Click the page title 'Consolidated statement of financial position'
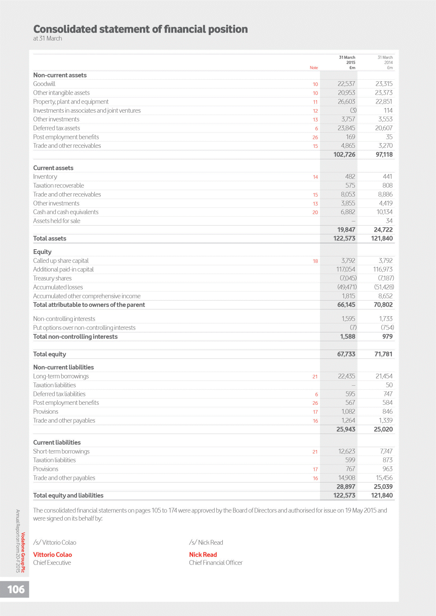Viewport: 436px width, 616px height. pyautogui.click(x=140, y=29)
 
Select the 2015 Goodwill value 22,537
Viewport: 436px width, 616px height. pyautogui.click(x=346, y=84)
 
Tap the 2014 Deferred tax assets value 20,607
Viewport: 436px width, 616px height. pyautogui.click(x=384, y=128)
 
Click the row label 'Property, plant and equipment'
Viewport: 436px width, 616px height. pyautogui.click(x=71, y=102)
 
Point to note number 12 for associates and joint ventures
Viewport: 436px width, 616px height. pyautogui.click(x=315, y=111)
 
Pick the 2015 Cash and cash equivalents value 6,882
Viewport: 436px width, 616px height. pyautogui.click(x=348, y=212)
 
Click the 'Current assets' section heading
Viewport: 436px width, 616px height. pyautogui.click(x=53, y=168)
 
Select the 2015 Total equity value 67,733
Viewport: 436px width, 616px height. pyautogui.click(x=346, y=354)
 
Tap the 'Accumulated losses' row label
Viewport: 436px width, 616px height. pyautogui.click(x=58, y=287)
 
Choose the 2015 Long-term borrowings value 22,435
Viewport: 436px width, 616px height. pyautogui.click(x=346, y=376)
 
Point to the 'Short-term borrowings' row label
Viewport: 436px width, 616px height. pyautogui.click(x=61, y=451)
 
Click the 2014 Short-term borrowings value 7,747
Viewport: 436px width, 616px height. pyautogui.click(x=386, y=451)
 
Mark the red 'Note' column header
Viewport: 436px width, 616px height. pyautogui.click(x=314, y=68)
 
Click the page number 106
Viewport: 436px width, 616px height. pyautogui.click(x=16, y=589)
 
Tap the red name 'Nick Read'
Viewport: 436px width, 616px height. pyautogui.click(x=203, y=555)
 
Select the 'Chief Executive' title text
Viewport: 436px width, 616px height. pyautogui.click(x=52, y=563)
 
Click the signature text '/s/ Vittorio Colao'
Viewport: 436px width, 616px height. pyautogui.click(x=55, y=542)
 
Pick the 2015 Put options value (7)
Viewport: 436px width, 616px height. pyautogui.click(x=353, y=328)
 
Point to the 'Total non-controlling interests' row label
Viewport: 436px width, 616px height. pyautogui.click(x=75, y=337)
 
